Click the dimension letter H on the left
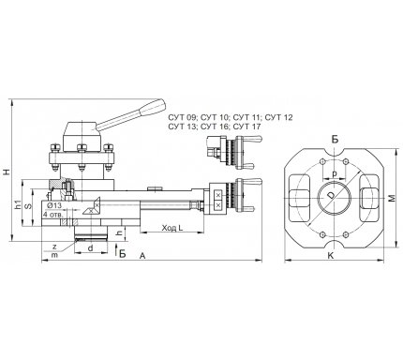pos(6,172)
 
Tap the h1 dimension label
pos(18,204)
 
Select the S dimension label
pos(28,206)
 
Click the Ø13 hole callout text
pos(54,205)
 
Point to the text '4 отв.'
pos(53,215)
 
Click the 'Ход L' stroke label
pos(172,228)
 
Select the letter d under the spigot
pos(90,248)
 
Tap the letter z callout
pos(54,247)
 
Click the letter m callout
pos(54,255)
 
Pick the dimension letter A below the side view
pos(142,256)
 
